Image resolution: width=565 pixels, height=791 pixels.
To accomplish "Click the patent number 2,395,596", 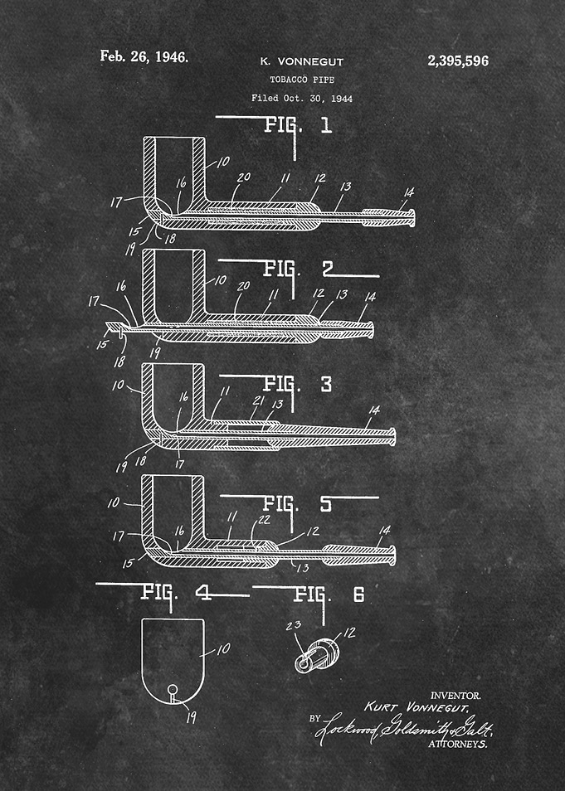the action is pos(458,61).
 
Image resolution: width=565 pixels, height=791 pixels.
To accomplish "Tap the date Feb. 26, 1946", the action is pos(144,56).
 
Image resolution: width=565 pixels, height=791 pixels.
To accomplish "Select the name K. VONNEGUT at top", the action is pos(301,62).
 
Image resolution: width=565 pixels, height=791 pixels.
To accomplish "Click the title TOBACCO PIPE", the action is pos(302,80).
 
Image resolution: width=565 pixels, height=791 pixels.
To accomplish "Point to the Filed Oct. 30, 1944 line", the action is pos(302,99).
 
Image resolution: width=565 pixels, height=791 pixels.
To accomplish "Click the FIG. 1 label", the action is pos(298,125).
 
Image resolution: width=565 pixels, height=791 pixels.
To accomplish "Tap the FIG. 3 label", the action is pos(298,385).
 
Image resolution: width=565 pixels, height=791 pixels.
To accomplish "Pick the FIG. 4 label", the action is pos(176,592).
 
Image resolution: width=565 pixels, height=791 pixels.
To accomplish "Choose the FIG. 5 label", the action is pos(298,504).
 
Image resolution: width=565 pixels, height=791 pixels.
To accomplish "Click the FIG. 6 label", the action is pos(329,594).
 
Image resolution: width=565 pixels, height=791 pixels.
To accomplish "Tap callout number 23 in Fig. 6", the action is pos(294,626).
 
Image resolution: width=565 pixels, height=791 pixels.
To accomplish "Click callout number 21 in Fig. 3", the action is pos(258,400).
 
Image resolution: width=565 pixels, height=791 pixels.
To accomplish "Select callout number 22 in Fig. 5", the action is pos(264,520).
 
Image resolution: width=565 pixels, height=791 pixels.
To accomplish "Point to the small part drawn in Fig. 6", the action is pos(317,654).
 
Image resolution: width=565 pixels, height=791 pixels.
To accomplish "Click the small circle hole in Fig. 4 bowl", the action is pos(173,688).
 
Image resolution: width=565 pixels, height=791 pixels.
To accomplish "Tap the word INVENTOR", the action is pos(455,696).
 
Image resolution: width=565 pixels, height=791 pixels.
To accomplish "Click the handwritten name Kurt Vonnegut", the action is pos(416,707).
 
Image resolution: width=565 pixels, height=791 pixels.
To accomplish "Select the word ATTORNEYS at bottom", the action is pos(458,744).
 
